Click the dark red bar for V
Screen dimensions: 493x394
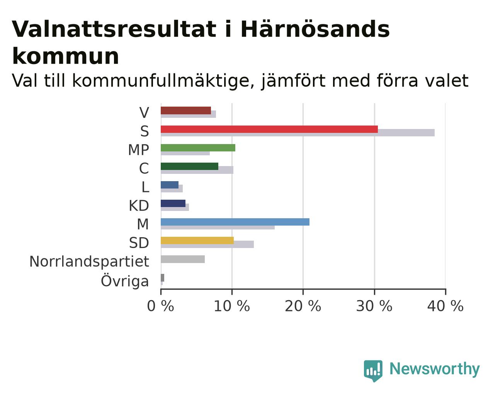pyautogui.click(x=185, y=110)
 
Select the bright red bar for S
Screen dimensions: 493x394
pyautogui.click(x=269, y=129)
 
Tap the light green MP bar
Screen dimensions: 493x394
pyautogui.click(x=198, y=148)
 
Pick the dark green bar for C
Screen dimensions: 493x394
pyautogui.click(x=189, y=166)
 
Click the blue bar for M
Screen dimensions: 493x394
pyautogui.click(x=235, y=222)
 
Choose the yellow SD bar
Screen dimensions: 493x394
pyautogui.click(x=197, y=240)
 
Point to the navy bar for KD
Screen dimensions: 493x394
pyautogui.click(x=173, y=203)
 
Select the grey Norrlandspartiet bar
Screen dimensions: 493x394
pyautogui.click(x=183, y=259)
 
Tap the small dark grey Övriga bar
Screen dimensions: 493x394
pyautogui.click(x=162, y=278)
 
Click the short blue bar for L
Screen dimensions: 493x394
pyautogui.click(x=170, y=185)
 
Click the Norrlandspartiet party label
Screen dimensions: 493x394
pyautogui.click(x=89, y=262)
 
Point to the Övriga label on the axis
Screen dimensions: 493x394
pyautogui.click(x=125, y=280)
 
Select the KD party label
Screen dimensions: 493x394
pyautogui.click(x=139, y=205)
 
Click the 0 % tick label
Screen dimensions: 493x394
pyautogui.click(x=160, y=306)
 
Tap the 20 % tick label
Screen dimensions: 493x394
pyautogui.click(x=303, y=306)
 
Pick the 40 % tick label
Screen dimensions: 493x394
pyautogui.click(x=445, y=306)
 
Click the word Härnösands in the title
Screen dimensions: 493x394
pyautogui.click(x=315, y=29)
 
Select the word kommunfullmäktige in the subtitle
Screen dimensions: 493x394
pyautogui.click(x=160, y=81)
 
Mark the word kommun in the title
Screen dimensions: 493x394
pyautogui.click(x=66, y=56)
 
